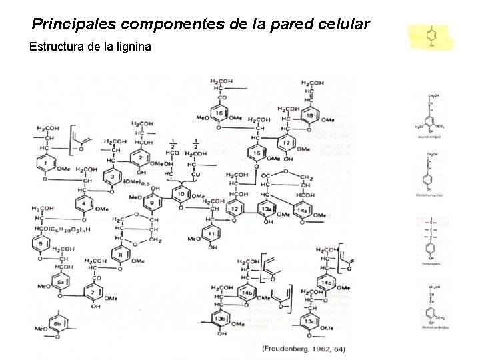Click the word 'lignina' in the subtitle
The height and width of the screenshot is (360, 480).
coord(133,47)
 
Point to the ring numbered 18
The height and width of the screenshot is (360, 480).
coord(310,116)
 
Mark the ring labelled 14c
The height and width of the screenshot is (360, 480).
coord(327,283)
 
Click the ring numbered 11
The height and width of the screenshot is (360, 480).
coord(212,234)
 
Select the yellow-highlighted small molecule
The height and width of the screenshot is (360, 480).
coord(431,36)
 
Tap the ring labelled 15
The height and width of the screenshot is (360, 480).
coord(257,154)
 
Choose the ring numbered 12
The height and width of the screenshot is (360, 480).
coord(235,209)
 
